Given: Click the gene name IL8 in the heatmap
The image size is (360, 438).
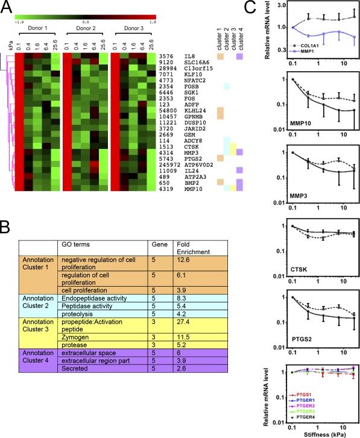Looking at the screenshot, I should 191,56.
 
